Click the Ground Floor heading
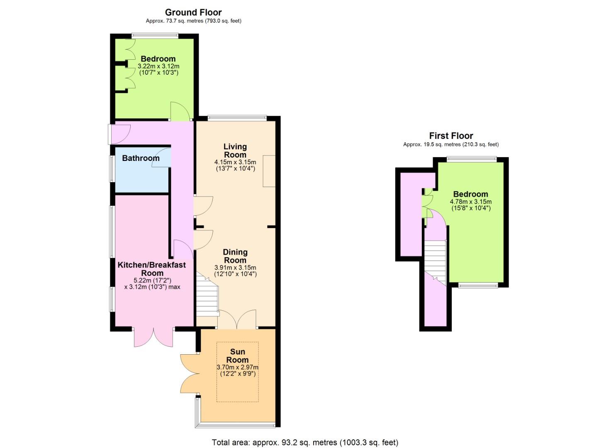(x=193, y=12)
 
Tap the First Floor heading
(x=451, y=136)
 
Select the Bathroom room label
(x=141, y=158)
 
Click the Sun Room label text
(x=237, y=355)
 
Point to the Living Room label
(x=235, y=151)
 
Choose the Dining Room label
(x=235, y=256)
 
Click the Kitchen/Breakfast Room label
(x=152, y=269)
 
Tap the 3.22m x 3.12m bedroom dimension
(x=158, y=66)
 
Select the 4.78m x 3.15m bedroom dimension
(x=471, y=202)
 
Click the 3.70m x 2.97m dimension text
(x=238, y=367)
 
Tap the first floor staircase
(x=435, y=263)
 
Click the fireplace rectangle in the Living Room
(x=269, y=171)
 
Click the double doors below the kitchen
(x=153, y=338)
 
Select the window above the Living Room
(x=237, y=118)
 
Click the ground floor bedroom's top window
(x=155, y=36)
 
